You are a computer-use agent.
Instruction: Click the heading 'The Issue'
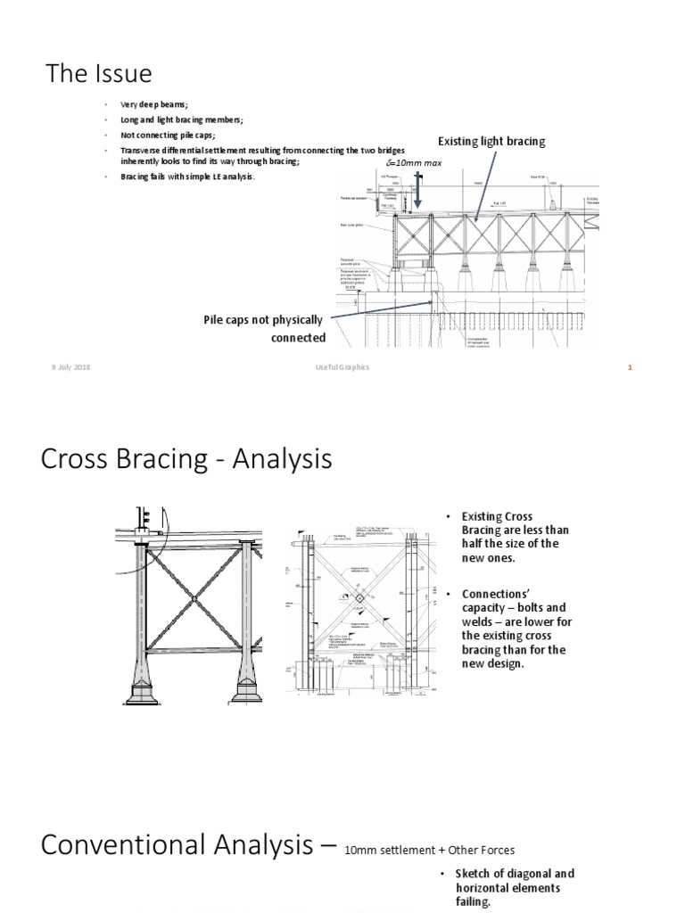click(99, 73)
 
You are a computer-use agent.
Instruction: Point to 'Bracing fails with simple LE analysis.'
click(187, 177)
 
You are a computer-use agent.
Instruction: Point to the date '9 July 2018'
click(70, 368)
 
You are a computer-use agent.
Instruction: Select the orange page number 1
click(629, 368)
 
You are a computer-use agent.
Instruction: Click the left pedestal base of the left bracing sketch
click(144, 687)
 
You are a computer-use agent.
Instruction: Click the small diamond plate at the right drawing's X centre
click(357, 598)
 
